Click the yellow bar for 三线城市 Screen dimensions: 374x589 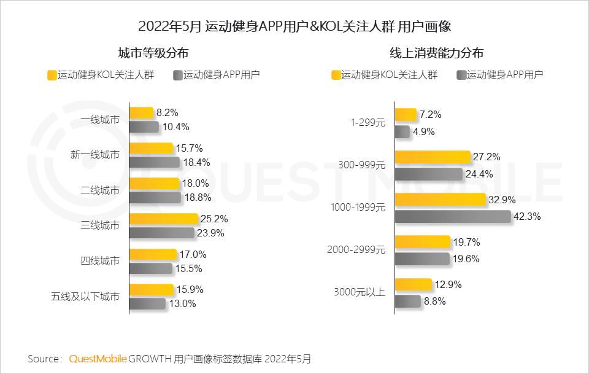pyautogui.click(x=163, y=219)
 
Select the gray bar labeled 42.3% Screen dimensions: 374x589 pyautogui.click(x=453, y=217)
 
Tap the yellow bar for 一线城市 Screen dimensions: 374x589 pyautogui.click(x=141, y=113)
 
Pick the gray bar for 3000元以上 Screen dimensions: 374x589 pyautogui.click(x=407, y=301)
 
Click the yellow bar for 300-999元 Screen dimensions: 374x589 pyautogui.click(x=432, y=157)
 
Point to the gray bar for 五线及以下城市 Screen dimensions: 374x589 pyautogui.click(x=147, y=303)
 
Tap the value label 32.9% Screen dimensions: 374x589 pyautogui.click(x=501, y=200)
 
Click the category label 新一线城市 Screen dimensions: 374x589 pyautogui.click(x=95, y=155)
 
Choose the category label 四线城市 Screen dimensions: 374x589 pyautogui.click(x=100, y=260)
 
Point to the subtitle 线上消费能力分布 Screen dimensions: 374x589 pyautogui.click(x=436, y=53)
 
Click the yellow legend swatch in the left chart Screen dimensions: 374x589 pyautogui.click(x=52, y=76)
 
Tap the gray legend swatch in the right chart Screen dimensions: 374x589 pyautogui.click(x=461, y=76)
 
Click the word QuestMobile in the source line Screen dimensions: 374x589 pyautogui.click(x=98, y=358)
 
